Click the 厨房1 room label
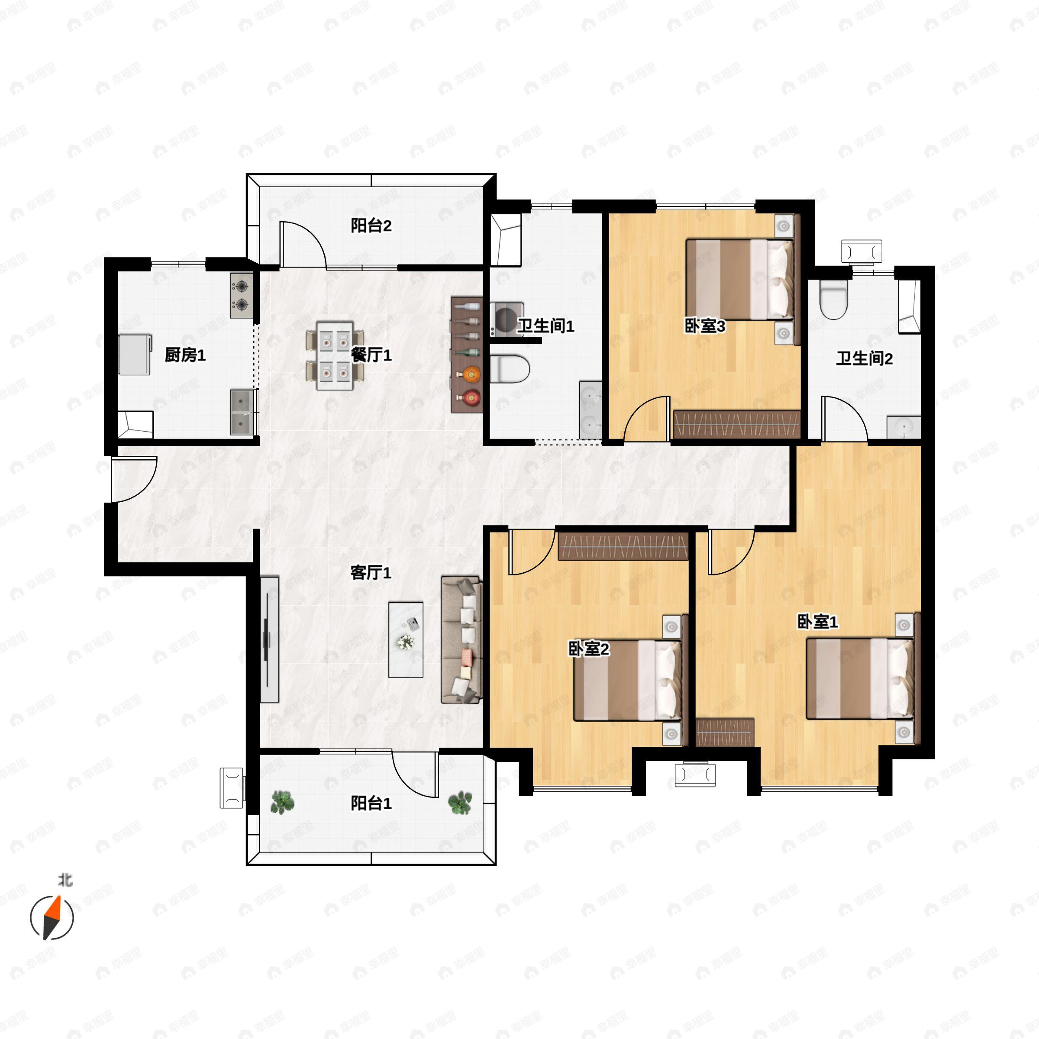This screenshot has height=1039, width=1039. [x=185, y=355]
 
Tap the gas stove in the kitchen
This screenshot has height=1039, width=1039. [x=242, y=295]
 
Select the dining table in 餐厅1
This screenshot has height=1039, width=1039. [x=335, y=355]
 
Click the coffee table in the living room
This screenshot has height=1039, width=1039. [x=406, y=639]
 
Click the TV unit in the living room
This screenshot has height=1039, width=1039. [x=269, y=639]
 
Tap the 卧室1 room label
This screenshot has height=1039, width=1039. [x=817, y=622]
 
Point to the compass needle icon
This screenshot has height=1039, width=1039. [x=52, y=917]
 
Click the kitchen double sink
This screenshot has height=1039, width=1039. [x=244, y=412]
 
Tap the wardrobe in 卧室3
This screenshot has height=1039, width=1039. [x=737, y=425]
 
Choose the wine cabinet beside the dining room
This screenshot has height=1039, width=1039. [x=466, y=355]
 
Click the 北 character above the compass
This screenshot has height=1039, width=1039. [x=65, y=881]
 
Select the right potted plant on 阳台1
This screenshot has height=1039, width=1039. [x=460, y=802]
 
